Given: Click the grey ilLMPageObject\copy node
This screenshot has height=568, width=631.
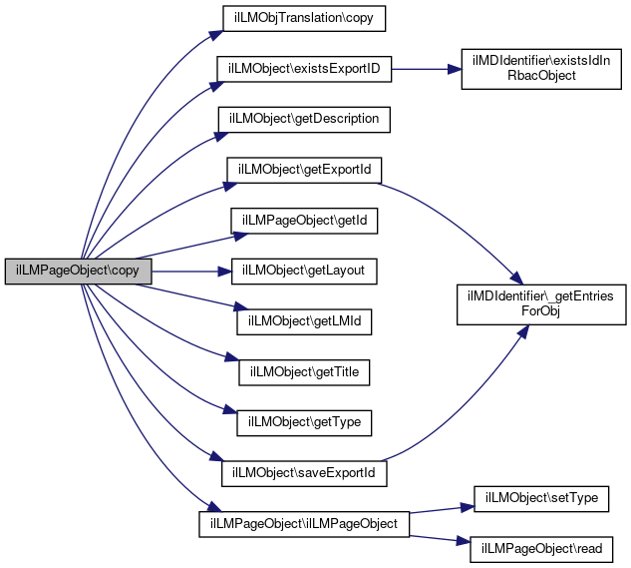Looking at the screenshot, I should click(x=78, y=271).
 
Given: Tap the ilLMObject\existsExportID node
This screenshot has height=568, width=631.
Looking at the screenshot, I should click(x=305, y=69).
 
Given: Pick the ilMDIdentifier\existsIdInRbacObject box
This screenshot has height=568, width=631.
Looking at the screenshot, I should click(x=542, y=69).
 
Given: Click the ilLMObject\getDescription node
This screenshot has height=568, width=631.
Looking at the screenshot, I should click(x=304, y=119).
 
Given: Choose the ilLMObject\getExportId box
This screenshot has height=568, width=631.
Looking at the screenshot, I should click(x=304, y=169).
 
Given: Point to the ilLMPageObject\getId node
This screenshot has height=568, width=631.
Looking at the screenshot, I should click(x=304, y=220).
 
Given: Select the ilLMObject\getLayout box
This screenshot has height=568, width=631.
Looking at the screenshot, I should click(x=304, y=271).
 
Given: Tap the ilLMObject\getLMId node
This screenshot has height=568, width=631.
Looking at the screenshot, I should click(x=304, y=321).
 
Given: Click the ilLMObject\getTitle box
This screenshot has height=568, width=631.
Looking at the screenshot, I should click(x=304, y=371).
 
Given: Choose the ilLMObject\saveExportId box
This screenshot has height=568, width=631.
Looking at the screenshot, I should click(x=304, y=472).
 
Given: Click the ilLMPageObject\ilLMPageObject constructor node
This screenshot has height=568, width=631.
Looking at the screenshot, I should click(x=304, y=523).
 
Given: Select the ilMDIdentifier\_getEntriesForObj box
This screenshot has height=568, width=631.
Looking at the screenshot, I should click(x=542, y=303).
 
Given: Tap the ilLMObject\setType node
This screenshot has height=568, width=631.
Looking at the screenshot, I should click(x=541, y=497).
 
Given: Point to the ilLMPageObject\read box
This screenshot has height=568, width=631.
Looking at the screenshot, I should click(x=541, y=548).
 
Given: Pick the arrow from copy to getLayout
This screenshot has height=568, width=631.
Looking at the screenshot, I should click(x=189, y=271).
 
